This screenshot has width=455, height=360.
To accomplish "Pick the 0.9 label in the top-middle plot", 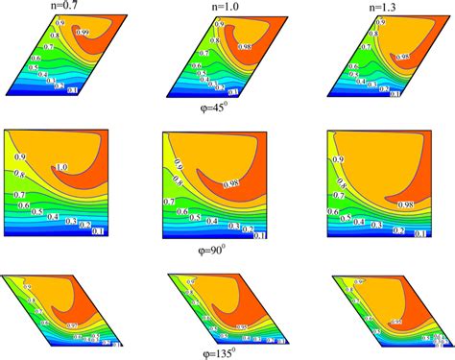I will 220,21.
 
